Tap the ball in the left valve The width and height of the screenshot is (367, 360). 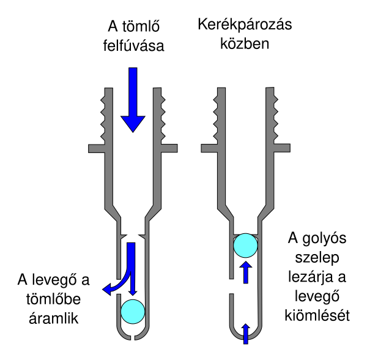[x=133, y=311]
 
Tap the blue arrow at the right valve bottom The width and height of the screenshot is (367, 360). [x=245, y=332]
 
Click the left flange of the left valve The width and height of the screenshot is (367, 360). [x=97, y=148]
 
